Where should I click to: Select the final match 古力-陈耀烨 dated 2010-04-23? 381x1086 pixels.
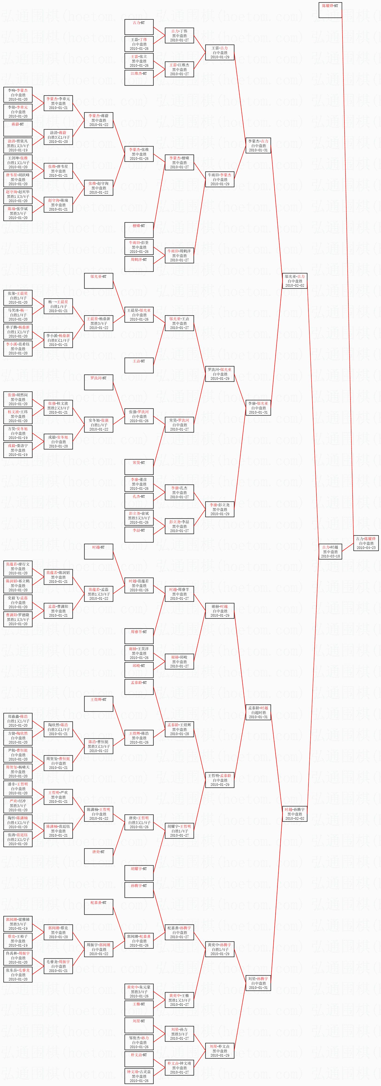(x=366, y=543)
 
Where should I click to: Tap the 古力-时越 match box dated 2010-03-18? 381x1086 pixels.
(x=330, y=551)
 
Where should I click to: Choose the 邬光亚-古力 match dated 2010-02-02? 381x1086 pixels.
(x=295, y=281)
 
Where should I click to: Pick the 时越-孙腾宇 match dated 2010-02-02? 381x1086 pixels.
(x=295, y=814)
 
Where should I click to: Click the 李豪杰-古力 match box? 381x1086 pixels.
(x=258, y=145)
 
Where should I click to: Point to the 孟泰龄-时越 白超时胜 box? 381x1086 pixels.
(x=258, y=713)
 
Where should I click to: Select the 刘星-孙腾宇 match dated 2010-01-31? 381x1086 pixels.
(x=258, y=983)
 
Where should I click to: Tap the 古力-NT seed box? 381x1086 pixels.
(x=139, y=27)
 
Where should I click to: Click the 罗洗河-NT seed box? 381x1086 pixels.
(x=99, y=382)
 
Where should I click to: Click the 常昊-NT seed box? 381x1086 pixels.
(x=139, y=467)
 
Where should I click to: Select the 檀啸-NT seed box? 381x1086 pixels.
(x=139, y=230)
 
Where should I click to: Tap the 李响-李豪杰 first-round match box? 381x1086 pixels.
(x=18, y=95)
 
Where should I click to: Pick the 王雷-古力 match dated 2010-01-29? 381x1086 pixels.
(x=220, y=52)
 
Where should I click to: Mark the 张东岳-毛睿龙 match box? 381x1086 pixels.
(x=18, y=975)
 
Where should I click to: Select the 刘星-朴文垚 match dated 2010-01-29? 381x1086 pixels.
(x=220, y=1051)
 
